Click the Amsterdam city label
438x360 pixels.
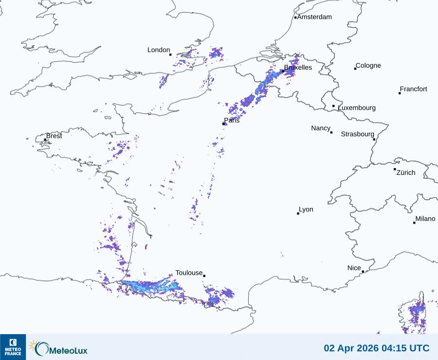tap(314, 17)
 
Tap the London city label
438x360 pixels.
tap(159, 50)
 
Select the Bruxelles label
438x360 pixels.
tap(298, 68)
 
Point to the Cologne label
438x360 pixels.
tap(368, 66)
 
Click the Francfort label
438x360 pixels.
tap(414, 89)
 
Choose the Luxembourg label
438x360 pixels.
tap(357, 108)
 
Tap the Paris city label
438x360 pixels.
tap(232, 120)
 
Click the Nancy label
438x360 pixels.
tap(321, 128)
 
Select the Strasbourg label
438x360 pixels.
tap(357, 134)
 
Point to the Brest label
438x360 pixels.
tap(54, 136)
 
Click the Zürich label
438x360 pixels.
tap(406, 172)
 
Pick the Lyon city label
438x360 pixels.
tap(306, 209)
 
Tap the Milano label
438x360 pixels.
tap(425, 219)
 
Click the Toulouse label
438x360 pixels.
tap(189, 273)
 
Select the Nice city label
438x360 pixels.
tap(354, 268)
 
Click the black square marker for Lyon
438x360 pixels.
tap(298, 213)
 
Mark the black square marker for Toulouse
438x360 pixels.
tap(204, 276)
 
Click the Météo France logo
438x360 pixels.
tap(13, 347)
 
